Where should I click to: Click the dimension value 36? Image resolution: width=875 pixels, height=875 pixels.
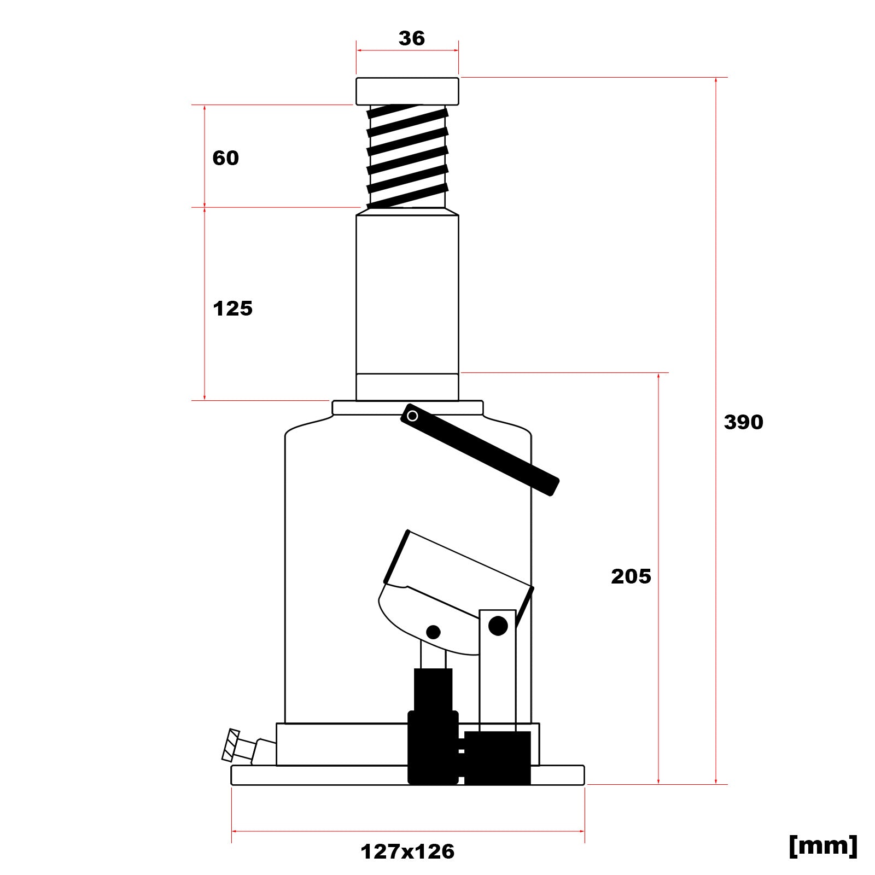(x=411, y=38)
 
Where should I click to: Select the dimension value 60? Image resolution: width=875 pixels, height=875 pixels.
(x=225, y=158)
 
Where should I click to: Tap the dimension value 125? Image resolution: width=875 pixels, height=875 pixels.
(x=232, y=308)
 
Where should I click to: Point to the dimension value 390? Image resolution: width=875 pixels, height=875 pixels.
(x=743, y=422)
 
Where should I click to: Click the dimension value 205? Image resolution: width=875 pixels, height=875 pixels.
(x=631, y=576)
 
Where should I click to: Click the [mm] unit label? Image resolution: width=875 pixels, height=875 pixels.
(x=822, y=845)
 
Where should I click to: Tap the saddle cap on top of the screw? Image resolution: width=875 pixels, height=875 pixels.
(x=407, y=91)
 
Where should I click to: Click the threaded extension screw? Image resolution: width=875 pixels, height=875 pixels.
(x=407, y=156)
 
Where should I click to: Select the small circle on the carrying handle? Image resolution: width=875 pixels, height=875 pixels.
(x=413, y=416)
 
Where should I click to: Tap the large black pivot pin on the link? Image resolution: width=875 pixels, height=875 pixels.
(x=498, y=625)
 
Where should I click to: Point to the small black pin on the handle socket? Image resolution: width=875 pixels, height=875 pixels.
(x=433, y=632)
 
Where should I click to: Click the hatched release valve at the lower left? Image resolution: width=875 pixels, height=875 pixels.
(x=231, y=745)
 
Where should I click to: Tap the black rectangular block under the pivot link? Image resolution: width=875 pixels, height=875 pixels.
(x=498, y=757)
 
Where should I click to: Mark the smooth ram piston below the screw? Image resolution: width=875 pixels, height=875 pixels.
(x=407, y=295)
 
